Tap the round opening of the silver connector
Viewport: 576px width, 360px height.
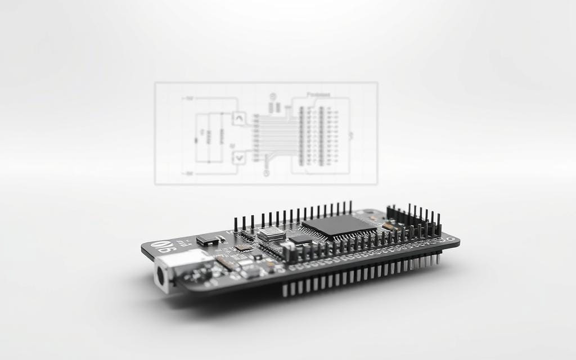click(163, 276)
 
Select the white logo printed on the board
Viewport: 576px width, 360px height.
click(166, 246)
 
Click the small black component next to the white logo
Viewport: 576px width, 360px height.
click(207, 241)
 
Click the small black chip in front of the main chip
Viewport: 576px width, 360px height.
click(300, 240)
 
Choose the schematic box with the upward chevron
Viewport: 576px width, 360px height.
click(239, 119)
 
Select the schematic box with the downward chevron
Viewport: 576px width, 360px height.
click(239, 157)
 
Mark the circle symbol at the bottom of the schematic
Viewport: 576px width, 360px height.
click(264, 174)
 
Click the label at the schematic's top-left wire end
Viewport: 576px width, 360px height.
click(190, 98)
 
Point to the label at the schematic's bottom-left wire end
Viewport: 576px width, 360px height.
click(190, 174)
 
